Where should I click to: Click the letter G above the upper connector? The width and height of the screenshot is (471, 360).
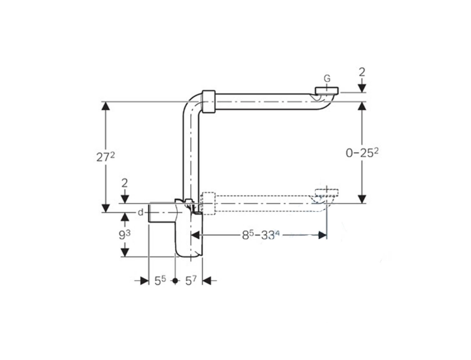(327, 79)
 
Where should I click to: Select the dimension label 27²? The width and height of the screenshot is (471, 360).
(105, 157)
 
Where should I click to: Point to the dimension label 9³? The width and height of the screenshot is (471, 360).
(125, 234)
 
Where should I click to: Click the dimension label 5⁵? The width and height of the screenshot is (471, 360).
(160, 281)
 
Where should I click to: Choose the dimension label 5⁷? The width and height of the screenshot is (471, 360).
(191, 281)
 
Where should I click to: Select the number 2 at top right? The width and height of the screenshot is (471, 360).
(362, 71)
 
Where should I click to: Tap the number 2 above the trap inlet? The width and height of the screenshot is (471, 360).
(125, 183)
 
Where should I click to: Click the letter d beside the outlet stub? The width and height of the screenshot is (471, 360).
(141, 212)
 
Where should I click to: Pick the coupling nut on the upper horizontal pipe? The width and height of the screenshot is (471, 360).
(209, 101)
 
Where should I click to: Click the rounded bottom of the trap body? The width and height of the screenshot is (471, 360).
(190, 253)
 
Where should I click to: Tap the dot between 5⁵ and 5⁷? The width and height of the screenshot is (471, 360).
(176, 281)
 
